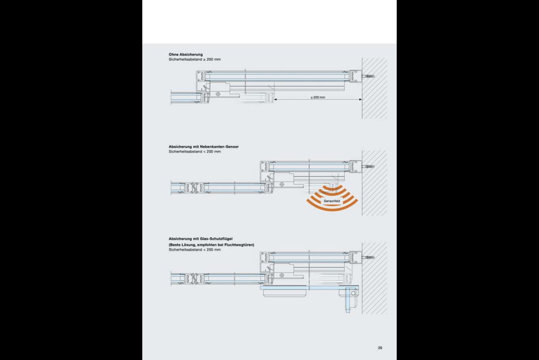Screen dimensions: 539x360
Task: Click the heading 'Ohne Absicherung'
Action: click(x=185, y=54)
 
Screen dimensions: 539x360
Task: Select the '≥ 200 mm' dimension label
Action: click(x=317, y=98)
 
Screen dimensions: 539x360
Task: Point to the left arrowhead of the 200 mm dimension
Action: click(x=275, y=99)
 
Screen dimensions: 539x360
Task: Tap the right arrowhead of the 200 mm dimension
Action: click(x=360, y=99)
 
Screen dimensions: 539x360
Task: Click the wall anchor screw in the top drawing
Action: click(x=368, y=76)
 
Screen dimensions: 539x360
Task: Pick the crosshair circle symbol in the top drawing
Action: click(x=218, y=94)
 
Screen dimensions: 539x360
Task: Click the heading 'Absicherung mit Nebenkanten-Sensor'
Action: click(x=204, y=147)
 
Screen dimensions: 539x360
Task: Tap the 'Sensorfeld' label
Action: click(x=331, y=201)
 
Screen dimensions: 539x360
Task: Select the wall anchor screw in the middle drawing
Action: click(x=368, y=167)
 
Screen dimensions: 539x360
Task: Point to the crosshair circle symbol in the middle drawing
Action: click(x=282, y=185)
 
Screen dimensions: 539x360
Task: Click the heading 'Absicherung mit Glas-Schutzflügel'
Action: click(x=201, y=239)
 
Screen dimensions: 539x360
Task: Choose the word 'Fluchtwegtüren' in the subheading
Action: click(x=239, y=245)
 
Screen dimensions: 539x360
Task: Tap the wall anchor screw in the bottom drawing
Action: click(x=368, y=257)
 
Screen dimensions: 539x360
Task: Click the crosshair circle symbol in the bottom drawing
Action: click(x=282, y=275)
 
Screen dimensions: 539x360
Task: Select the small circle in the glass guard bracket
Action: click(x=353, y=293)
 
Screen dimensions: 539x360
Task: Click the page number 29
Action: click(x=380, y=348)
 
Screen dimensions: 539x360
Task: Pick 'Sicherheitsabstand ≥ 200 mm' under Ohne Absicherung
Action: click(x=195, y=59)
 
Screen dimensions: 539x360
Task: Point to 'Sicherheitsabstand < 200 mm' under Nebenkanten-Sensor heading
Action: click(x=195, y=151)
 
